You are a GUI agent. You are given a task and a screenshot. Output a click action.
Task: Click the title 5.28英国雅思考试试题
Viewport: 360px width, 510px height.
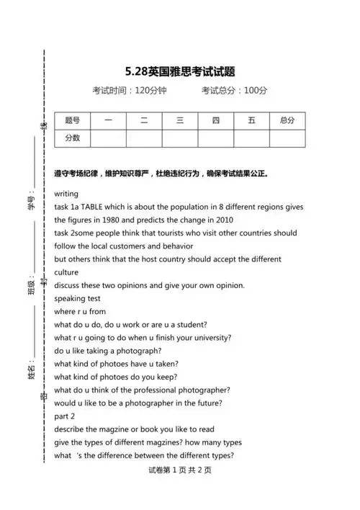180,71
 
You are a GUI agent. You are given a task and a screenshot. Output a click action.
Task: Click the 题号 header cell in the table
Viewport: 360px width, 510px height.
72,120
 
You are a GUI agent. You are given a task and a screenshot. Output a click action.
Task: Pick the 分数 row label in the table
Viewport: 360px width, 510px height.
72,138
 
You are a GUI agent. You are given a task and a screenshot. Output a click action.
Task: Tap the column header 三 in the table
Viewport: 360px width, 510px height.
180,120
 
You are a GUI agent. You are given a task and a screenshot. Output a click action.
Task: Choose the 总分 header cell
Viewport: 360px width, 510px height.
287,120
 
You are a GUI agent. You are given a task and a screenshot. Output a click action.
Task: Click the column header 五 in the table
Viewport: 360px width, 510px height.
251,120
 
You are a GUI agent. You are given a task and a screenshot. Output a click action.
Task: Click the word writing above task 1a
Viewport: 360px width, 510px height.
66,194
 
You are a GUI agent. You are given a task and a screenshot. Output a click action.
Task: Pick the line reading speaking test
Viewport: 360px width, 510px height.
78,298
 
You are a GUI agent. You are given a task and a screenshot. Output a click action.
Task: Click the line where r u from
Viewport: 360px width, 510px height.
80,311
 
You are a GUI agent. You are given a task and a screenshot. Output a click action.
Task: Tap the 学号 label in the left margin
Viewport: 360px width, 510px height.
31,204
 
